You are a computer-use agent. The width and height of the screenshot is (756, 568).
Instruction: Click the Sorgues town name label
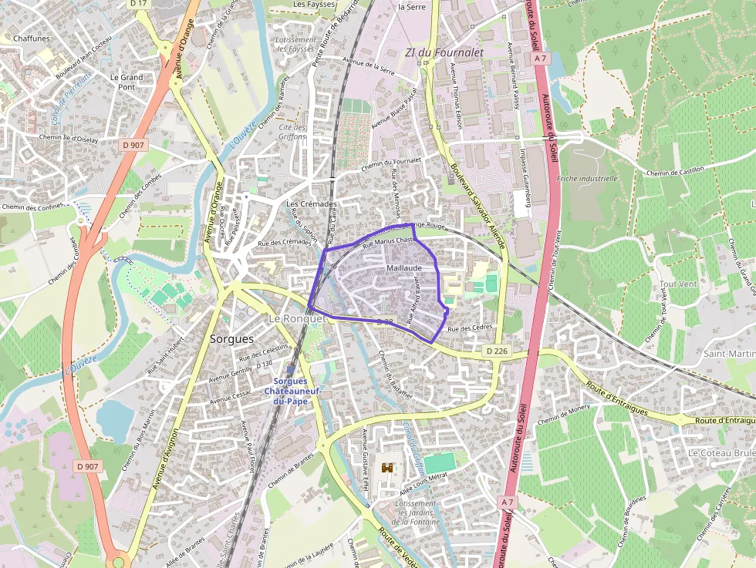(231, 338)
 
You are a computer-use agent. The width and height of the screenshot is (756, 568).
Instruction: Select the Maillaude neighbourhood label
(405, 267)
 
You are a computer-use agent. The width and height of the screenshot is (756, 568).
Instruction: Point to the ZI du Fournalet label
(444, 52)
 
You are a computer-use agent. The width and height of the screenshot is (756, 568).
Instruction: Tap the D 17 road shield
(139, 4)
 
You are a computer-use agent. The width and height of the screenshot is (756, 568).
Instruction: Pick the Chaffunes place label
(32, 38)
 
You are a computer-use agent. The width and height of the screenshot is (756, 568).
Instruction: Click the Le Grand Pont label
(127, 82)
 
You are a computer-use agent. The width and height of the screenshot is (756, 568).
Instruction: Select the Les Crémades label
(312, 204)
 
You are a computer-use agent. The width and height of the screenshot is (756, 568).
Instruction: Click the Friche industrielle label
(588, 178)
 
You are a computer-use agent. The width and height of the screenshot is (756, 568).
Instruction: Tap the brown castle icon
(387, 468)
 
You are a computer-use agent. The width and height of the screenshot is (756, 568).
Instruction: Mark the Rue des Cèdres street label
(470, 329)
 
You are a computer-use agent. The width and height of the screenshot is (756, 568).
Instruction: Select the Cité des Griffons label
(292, 132)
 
